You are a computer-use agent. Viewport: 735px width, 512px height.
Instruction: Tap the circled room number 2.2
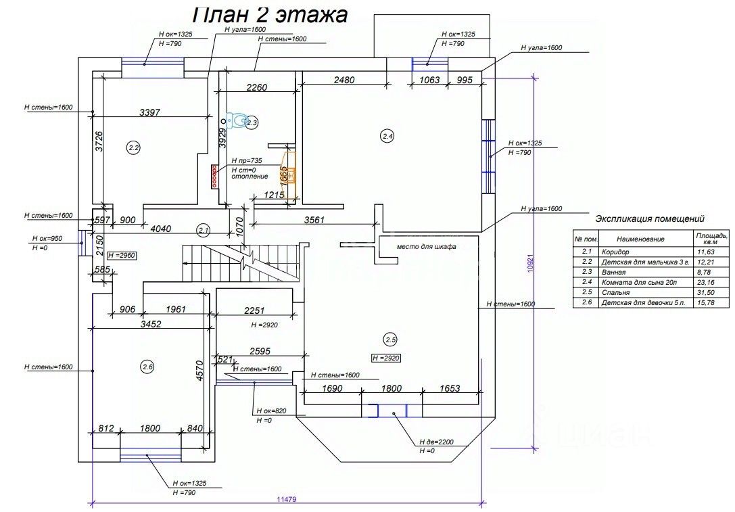coord(133,146)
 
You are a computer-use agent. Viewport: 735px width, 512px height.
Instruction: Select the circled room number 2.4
coord(387,137)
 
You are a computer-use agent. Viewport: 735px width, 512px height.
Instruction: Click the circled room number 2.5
coord(390,339)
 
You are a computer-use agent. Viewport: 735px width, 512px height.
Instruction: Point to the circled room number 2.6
coord(147,367)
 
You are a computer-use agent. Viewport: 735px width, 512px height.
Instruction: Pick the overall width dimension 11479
coord(287,498)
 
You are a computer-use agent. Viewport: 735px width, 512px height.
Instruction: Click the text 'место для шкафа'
coord(427,247)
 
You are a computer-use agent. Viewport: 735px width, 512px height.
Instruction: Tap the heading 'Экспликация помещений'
coord(650,219)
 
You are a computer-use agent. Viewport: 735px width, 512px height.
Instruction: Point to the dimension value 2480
coord(344,80)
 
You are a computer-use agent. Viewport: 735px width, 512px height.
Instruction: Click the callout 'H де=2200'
coord(436,442)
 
